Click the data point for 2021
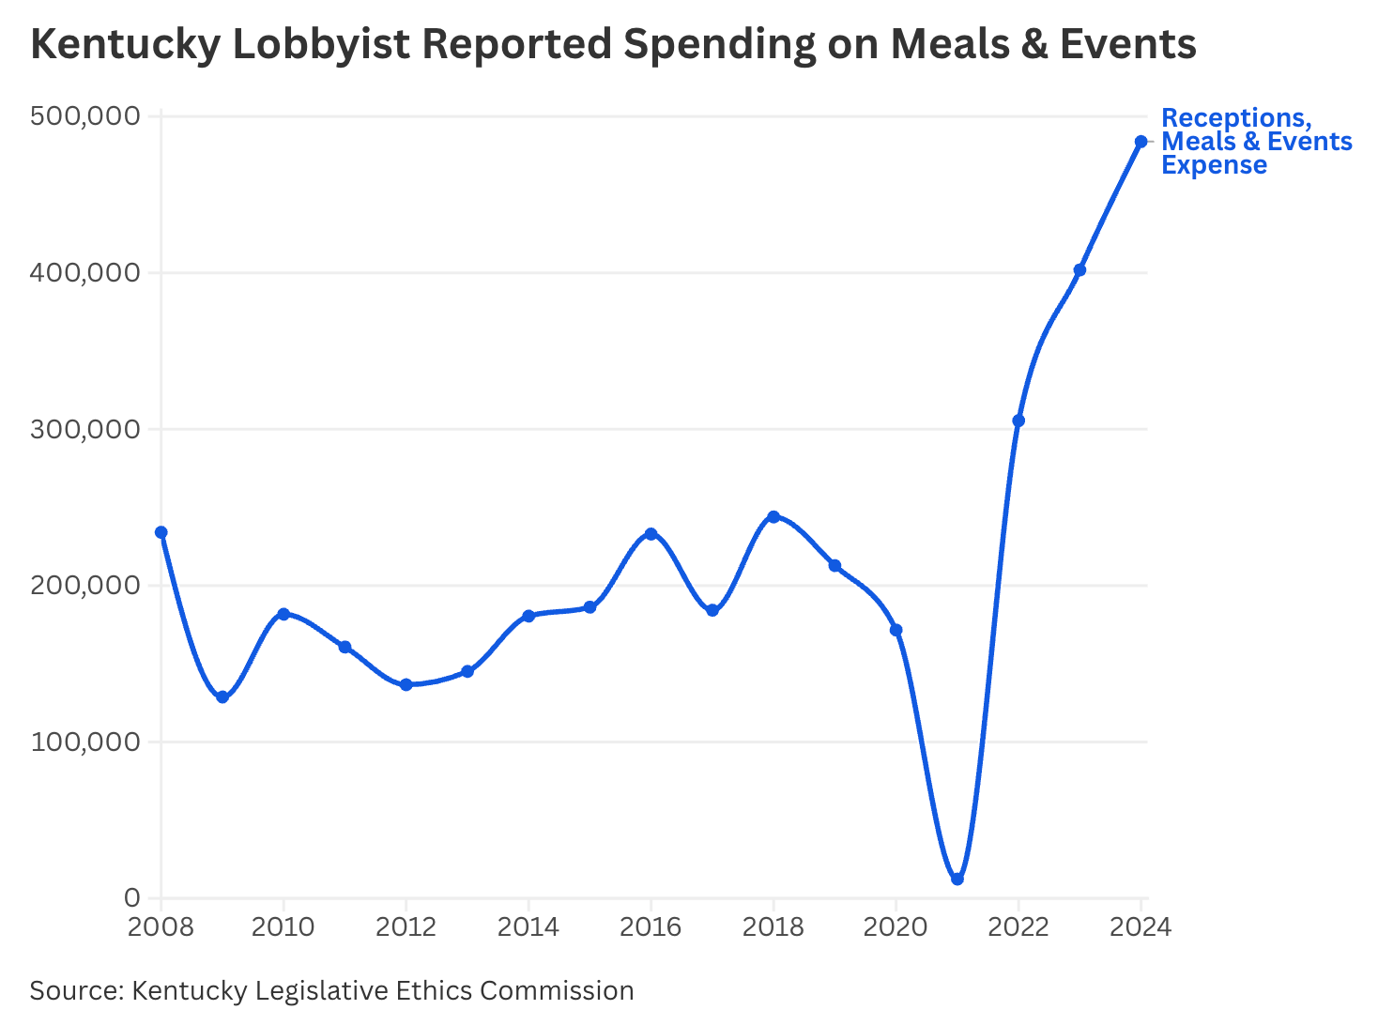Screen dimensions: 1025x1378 point(957,879)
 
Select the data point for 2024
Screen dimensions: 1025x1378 point(1141,142)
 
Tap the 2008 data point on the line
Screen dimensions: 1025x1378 point(161,532)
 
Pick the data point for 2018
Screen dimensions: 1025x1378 point(773,516)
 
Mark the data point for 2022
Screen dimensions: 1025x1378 point(1018,421)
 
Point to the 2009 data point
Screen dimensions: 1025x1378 point(222,697)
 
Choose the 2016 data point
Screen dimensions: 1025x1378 point(651,534)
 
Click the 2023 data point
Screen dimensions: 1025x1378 point(1079,270)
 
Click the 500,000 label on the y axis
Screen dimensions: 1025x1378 point(85,115)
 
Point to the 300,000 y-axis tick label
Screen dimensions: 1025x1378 point(85,429)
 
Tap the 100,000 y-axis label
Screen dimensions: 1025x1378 point(85,742)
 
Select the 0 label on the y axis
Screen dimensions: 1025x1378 point(131,898)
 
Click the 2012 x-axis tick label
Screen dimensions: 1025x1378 point(406,927)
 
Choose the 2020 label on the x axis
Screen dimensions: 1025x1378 point(896,927)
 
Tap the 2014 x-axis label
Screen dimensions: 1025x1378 point(528,927)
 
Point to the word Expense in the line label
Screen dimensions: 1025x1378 point(1215,165)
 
